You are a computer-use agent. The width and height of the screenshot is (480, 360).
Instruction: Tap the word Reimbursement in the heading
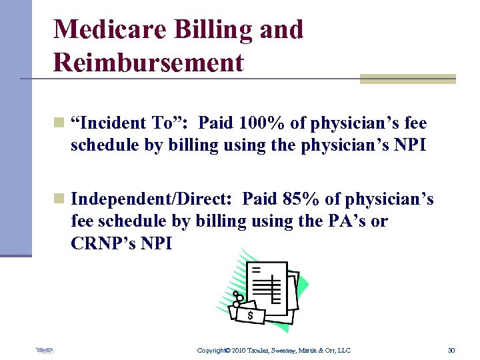(149, 63)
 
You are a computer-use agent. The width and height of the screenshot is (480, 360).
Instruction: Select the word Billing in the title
(198, 29)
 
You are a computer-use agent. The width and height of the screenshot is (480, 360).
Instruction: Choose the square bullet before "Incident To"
(59, 123)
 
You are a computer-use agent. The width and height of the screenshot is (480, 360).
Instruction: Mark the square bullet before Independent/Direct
(59, 199)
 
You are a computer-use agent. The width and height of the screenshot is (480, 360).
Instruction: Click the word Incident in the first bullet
(111, 123)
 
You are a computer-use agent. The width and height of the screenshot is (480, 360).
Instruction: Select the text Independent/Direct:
(153, 199)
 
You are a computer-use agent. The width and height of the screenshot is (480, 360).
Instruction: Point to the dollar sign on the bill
(250, 315)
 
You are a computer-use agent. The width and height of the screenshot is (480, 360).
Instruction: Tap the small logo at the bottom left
(45, 349)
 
